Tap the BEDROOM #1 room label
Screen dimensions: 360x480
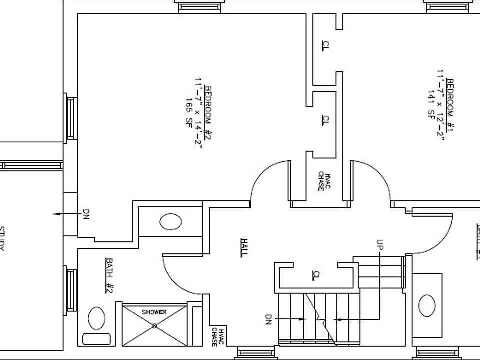click(x=449, y=105)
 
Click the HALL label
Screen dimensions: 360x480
click(x=244, y=247)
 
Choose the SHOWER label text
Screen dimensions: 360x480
click(x=154, y=312)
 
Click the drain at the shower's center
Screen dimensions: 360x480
click(x=155, y=326)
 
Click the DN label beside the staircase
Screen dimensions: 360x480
click(x=268, y=319)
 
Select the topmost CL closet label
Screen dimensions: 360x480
click(x=325, y=46)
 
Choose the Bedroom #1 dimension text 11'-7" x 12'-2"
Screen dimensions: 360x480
click(x=440, y=105)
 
